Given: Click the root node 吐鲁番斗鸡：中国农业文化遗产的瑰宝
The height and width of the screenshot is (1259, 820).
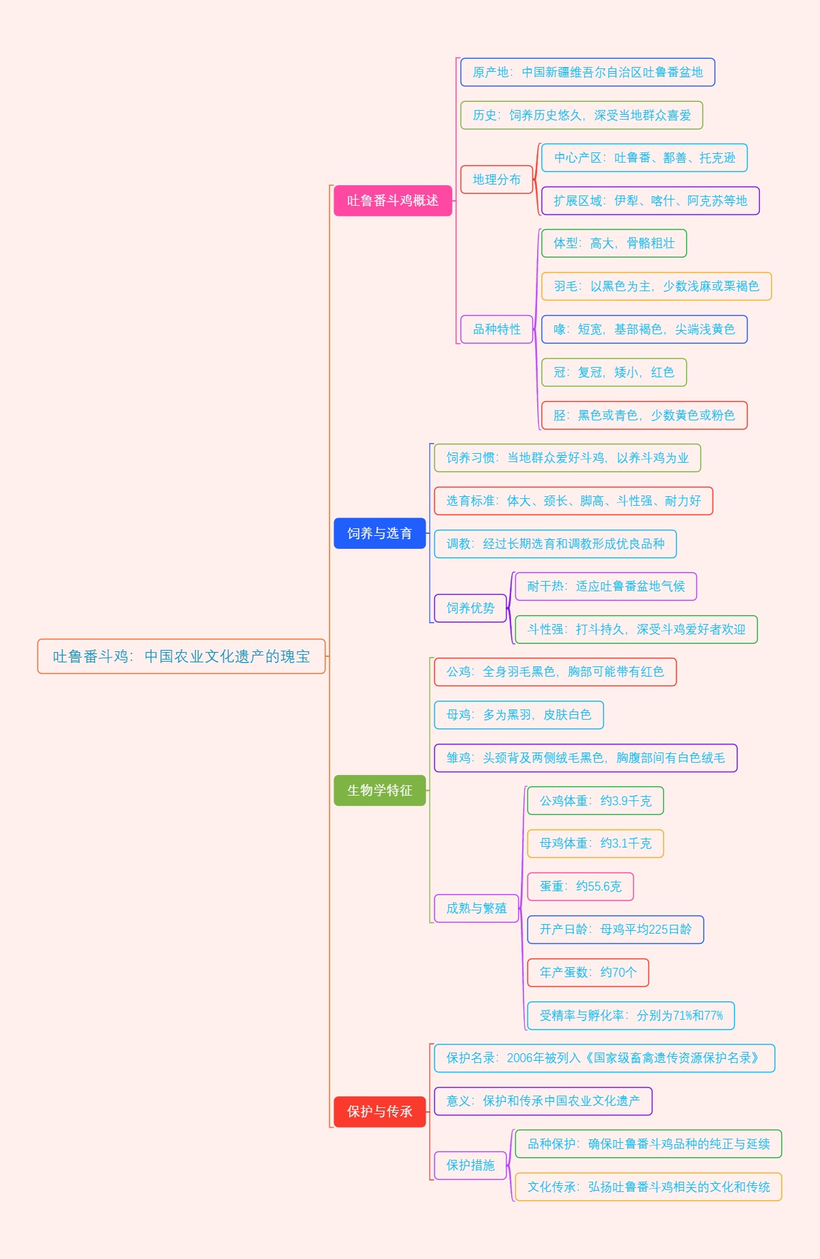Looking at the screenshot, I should (181, 656).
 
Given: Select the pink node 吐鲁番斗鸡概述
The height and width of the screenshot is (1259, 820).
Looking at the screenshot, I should (393, 200).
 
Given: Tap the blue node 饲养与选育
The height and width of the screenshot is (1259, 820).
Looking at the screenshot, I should (379, 533).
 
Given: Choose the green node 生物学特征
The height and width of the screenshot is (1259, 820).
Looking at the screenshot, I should (379, 790).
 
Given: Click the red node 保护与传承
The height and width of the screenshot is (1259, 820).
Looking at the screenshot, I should (379, 1111).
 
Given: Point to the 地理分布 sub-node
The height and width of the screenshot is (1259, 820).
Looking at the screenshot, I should (497, 179).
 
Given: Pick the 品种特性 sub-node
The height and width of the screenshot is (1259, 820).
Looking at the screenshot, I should (497, 329).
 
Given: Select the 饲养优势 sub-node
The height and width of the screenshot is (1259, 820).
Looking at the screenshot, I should (470, 608).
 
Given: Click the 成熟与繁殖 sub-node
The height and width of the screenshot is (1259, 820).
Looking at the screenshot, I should (476, 908).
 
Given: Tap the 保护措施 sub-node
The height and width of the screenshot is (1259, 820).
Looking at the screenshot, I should (470, 1165).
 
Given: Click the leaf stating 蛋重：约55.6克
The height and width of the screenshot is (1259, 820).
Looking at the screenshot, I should (580, 886).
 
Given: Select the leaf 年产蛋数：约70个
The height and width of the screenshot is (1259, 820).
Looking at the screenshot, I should (588, 972).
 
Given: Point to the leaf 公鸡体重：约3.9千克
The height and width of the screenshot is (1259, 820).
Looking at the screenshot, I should (595, 800).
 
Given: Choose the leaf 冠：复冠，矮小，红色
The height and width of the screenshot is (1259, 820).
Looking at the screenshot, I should (614, 372).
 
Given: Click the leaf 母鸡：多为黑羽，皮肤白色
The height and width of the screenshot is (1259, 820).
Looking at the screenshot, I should (519, 714).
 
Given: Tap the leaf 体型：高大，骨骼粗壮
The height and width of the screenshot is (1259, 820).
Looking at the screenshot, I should (614, 243).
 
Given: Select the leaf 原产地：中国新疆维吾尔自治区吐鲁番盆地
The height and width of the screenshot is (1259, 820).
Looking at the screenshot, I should (588, 72).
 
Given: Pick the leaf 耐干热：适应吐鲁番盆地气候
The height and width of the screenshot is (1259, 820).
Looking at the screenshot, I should (605, 586).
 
